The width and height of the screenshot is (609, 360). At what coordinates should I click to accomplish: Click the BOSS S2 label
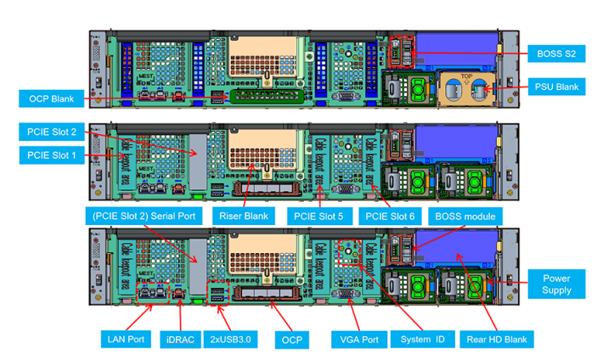coord(557,54)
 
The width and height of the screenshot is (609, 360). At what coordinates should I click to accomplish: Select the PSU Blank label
coord(557,87)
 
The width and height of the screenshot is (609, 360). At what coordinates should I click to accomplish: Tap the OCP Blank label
coord(50,99)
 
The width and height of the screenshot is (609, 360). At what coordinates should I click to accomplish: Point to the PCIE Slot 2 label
coord(50,132)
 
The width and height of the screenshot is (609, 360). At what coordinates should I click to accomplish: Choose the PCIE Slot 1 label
coord(50,155)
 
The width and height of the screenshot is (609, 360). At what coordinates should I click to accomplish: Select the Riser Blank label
coord(244,217)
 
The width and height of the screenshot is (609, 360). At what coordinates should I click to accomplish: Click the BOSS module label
coord(465,217)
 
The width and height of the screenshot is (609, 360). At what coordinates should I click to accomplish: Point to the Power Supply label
coord(557,284)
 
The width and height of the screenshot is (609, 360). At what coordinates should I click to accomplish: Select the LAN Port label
coord(126,340)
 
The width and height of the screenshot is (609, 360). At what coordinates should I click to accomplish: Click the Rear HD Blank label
coord(497,340)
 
